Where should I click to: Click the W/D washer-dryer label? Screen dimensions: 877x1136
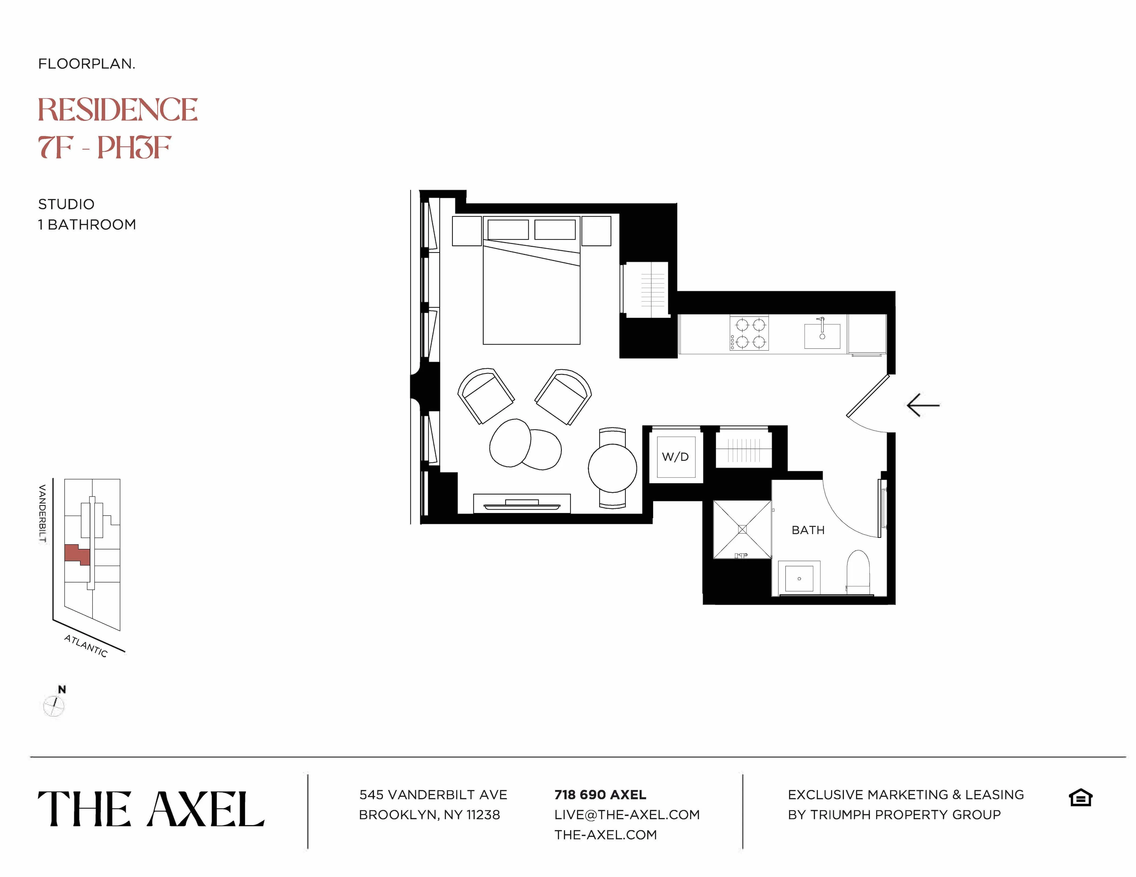[675, 457]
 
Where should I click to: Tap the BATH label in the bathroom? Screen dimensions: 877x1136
[808, 530]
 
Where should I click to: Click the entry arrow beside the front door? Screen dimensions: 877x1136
[923, 405]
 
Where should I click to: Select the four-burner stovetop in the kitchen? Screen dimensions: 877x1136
[749, 333]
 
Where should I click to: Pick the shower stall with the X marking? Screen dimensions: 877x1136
[742, 529]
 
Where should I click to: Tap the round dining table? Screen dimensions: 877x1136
[612, 468]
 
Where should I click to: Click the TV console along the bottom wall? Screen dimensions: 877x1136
[522, 503]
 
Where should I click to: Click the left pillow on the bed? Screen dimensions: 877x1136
[508, 229]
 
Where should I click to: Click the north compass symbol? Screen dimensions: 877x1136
[54, 705]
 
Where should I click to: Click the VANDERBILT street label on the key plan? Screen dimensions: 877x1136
[43, 513]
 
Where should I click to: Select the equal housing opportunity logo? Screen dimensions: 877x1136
[1080, 798]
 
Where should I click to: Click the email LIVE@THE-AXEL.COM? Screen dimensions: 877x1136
[627, 815]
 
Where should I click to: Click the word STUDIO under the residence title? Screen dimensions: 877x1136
[66, 204]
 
